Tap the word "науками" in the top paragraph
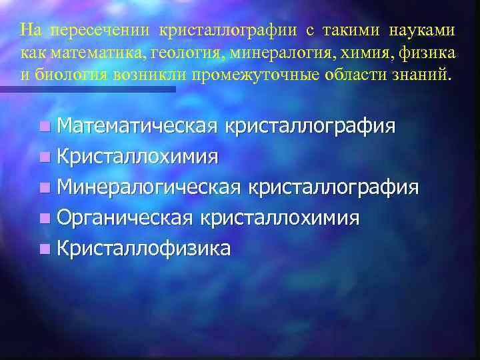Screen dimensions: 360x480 tap(425, 31)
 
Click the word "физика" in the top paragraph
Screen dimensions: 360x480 tap(435, 53)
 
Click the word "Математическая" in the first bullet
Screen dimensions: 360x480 tap(137, 126)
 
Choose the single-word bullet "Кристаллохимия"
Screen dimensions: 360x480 tap(137, 157)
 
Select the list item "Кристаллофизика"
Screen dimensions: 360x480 tap(144, 249)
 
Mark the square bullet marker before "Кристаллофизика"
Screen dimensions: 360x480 tap(44, 249)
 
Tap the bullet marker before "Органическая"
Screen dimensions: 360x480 tap(44, 219)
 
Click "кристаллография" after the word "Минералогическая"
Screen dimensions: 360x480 tap(333, 187)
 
